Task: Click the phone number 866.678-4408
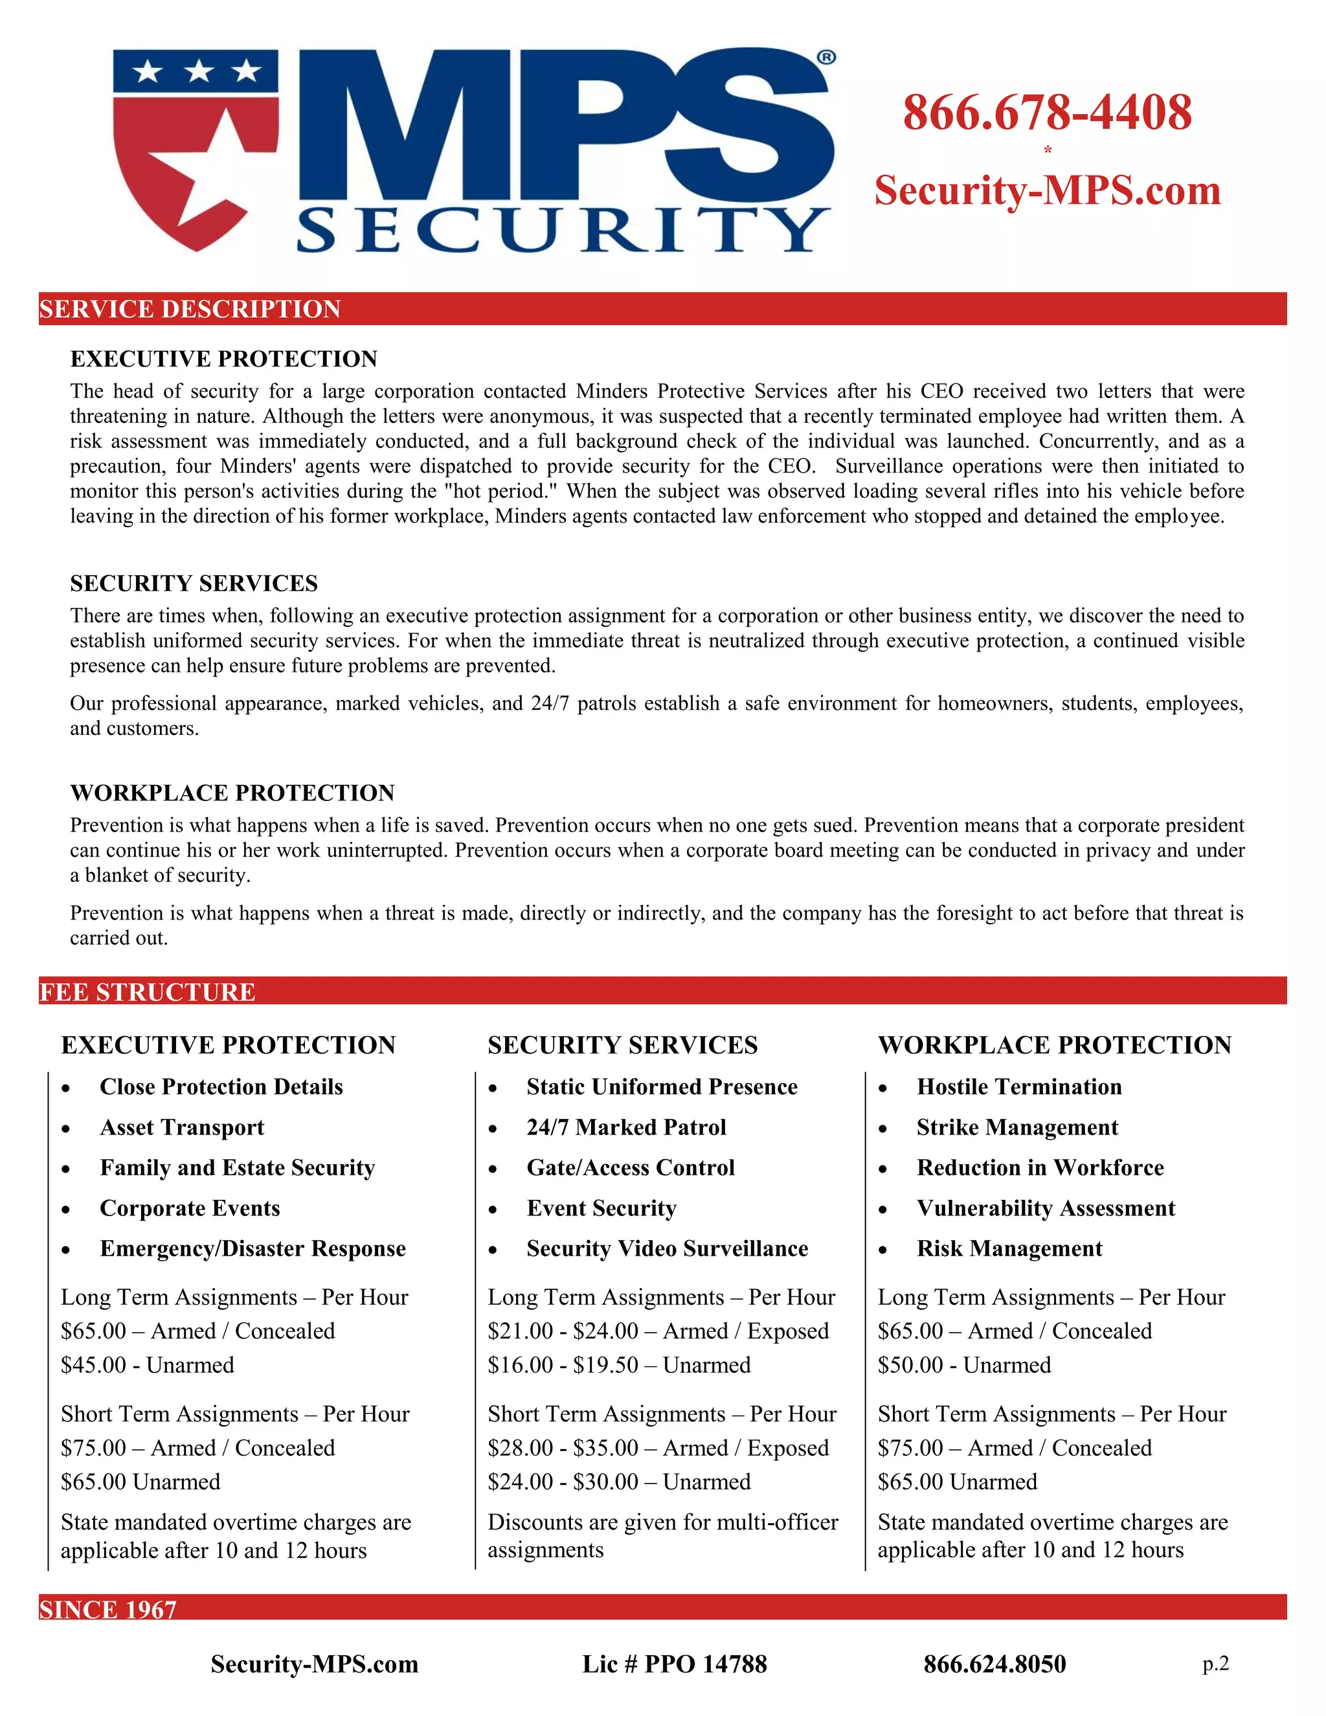1046,113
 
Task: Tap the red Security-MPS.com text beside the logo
1047,191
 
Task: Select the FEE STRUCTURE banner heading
147,991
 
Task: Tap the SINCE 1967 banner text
107,1610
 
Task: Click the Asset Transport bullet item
181,1127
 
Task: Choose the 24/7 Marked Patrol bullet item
625,1127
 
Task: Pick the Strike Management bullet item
1017,1127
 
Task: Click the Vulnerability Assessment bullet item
1045,1208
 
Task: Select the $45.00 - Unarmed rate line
148,1365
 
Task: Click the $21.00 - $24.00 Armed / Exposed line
658,1331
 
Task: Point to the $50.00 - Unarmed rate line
964,1365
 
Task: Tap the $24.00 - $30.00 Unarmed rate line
618,1482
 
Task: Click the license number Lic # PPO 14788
674,1664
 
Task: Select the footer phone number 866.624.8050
994,1664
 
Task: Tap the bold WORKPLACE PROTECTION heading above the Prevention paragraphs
232,793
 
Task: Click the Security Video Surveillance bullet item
666,1248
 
